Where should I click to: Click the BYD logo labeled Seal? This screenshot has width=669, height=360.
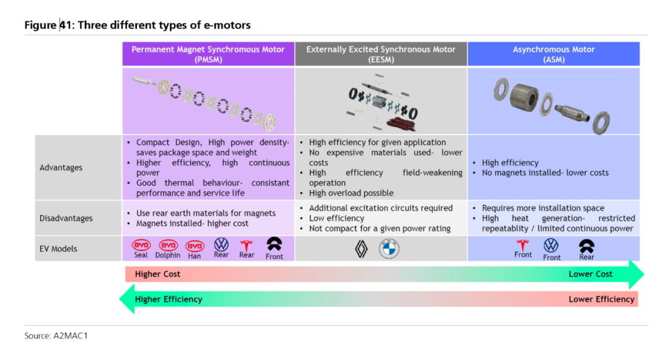click(x=141, y=245)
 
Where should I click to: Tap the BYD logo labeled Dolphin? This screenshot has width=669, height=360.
click(x=168, y=245)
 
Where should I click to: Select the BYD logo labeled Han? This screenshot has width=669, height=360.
click(x=195, y=246)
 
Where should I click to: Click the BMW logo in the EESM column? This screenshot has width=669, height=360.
click(x=389, y=248)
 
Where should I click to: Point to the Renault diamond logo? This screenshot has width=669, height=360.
click(x=361, y=248)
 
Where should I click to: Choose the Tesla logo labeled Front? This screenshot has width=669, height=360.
click(x=523, y=245)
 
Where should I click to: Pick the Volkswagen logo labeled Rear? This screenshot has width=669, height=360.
click(x=221, y=244)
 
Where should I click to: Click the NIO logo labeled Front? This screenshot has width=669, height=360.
click(x=274, y=244)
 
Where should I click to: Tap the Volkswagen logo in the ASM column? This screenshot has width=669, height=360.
click(x=551, y=245)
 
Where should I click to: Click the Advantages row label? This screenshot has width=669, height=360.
click(x=61, y=168)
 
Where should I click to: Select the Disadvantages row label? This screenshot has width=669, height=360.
click(x=66, y=218)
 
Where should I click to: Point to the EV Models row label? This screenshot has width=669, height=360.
click(x=58, y=248)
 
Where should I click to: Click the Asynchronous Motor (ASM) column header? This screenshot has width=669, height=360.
click(x=553, y=54)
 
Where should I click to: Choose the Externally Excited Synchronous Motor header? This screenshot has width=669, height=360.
click(x=381, y=54)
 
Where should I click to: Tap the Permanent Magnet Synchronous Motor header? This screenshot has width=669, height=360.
click(x=208, y=54)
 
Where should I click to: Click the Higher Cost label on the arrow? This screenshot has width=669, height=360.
click(x=157, y=274)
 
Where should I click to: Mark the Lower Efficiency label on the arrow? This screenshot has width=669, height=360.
click(x=601, y=299)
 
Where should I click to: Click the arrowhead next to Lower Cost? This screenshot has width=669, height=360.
click(x=636, y=274)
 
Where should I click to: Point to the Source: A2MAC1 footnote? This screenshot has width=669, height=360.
click(x=56, y=336)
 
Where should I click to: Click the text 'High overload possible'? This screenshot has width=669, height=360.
click(x=351, y=193)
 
